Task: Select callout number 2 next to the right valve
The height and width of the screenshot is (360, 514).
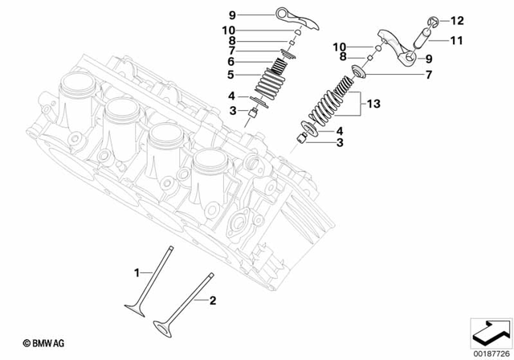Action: pos(213,301)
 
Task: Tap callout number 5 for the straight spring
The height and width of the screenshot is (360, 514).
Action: pos(230,76)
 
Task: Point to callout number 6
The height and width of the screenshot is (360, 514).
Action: pos(230,61)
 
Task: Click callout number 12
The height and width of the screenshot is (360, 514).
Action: pos(457,20)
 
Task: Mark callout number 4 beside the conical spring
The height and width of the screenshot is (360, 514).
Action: pos(341,130)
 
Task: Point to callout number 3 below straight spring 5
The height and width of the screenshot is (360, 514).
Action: pos(230,109)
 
